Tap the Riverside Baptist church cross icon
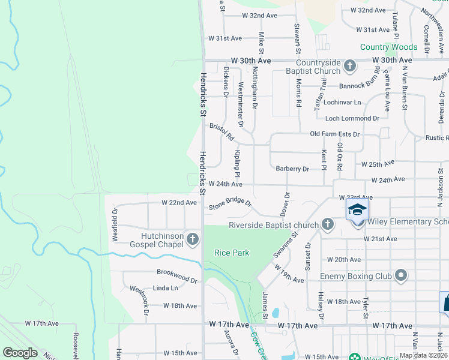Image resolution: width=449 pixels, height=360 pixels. click(327, 224)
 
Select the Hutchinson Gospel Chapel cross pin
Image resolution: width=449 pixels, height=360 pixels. click(193, 239)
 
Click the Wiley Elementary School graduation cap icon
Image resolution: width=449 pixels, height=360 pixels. click(357, 210)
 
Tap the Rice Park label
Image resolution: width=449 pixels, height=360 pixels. click(232, 253)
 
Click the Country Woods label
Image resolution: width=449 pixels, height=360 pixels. click(388, 47)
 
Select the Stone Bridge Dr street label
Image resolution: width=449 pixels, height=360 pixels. click(230, 204)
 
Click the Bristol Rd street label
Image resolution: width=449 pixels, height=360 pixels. click(221, 132)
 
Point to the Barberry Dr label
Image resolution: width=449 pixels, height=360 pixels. click(292, 169)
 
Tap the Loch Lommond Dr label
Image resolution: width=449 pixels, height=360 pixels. click(352, 118)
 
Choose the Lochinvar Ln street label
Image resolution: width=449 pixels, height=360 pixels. click(343, 103)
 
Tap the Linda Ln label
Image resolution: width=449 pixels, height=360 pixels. click(166, 288)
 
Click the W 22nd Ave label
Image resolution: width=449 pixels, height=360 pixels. click(179, 203)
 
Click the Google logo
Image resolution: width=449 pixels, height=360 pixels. click(20, 353)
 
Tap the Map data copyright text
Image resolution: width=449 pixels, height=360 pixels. click(423, 355)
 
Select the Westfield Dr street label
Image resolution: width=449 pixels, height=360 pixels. click(115, 224)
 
